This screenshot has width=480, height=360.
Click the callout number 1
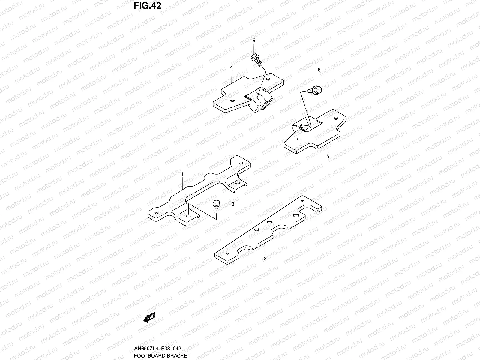click(x=182, y=174)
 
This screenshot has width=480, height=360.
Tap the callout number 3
click(x=233, y=204)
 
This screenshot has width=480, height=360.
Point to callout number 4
click(x=232, y=68)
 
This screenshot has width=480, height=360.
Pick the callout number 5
click(x=328, y=156)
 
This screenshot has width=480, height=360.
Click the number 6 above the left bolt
click(x=254, y=40)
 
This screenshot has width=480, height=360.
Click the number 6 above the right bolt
click(x=319, y=70)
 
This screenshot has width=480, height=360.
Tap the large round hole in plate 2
click(x=295, y=216)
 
